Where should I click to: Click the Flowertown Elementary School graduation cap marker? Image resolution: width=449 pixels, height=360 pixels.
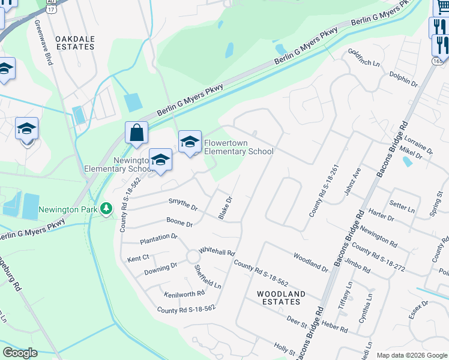[x=190, y=142]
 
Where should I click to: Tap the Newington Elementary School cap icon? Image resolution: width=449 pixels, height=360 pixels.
[x=160, y=160]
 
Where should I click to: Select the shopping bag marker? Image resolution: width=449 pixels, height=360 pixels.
[x=137, y=133]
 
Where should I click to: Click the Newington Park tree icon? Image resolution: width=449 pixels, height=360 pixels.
[x=106, y=209]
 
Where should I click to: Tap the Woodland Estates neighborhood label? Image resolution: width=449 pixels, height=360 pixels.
[x=281, y=298]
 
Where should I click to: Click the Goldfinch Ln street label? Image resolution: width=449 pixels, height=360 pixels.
[x=364, y=58]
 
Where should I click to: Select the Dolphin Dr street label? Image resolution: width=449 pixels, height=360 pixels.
[x=403, y=78]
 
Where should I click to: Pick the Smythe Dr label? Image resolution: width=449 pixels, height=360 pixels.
[x=183, y=205]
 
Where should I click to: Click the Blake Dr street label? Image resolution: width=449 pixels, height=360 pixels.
[x=225, y=207]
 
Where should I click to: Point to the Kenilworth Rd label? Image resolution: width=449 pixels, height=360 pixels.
[x=184, y=293]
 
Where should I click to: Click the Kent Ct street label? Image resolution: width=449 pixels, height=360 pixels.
[x=137, y=259]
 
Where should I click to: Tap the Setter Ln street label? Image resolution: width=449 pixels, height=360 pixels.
[x=402, y=208]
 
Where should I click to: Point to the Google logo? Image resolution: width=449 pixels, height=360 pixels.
[x=20, y=353]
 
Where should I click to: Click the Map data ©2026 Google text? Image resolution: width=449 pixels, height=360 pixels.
[x=411, y=355]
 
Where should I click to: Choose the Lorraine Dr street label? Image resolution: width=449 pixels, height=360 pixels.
[x=419, y=145]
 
